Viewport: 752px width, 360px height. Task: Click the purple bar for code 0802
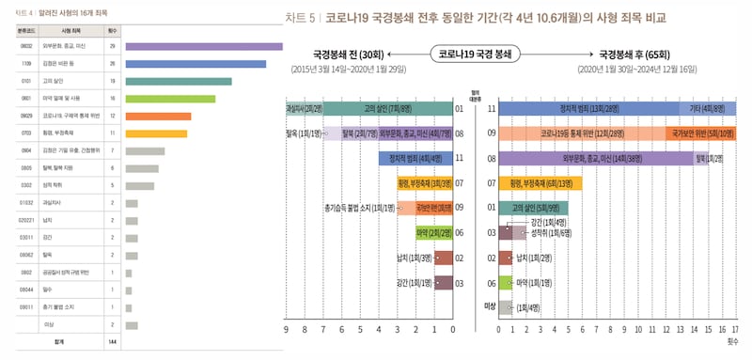point(203,46)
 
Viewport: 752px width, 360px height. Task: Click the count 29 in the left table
point(112,46)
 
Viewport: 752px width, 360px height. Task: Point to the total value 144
point(112,342)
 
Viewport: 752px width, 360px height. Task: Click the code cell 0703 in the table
point(27,133)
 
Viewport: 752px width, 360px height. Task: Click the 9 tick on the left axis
point(286,331)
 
